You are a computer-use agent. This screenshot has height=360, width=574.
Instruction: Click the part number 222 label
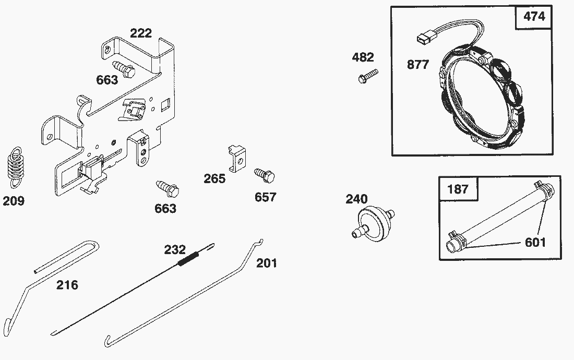click(x=141, y=33)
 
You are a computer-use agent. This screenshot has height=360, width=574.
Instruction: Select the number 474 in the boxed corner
click(x=534, y=17)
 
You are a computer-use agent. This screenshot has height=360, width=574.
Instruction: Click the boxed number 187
click(x=458, y=188)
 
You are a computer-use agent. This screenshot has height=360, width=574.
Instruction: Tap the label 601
click(x=535, y=243)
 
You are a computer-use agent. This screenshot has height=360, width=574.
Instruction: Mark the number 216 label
click(x=68, y=285)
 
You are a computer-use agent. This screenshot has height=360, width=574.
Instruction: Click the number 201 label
click(x=267, y=263)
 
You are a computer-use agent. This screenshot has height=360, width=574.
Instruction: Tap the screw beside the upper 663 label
click(x=123, y=69)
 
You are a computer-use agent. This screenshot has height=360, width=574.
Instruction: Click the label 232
click(x=175, y=249)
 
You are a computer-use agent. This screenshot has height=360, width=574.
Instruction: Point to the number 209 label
click(x=14, y=201)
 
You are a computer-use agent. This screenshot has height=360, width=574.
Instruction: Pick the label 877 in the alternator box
click(x=418, y=65)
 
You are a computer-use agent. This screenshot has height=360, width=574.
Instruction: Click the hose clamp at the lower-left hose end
click(x=455, y=239)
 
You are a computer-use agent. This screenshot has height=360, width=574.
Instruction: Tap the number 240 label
click(x=356, y=199)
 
